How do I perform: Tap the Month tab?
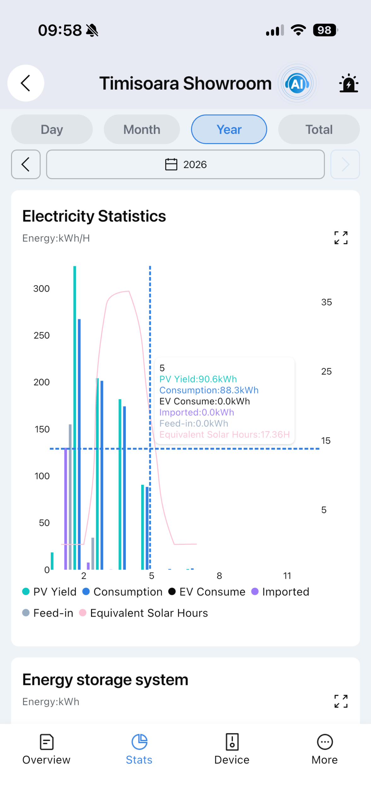pos(142,129)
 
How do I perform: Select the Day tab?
pos(52,129)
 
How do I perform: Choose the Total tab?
pos(319,129)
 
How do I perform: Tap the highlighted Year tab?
pos(229,129)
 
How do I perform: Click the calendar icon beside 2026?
pos(171,164)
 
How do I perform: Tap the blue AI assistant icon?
pos(297,83)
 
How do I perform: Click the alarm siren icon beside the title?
pos(349,83)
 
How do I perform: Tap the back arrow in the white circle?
pos(26,83)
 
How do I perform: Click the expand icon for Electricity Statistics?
pos(341,238)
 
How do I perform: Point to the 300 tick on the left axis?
pos(42,288)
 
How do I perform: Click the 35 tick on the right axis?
pos(326,302)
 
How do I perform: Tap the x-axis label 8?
pos(219,576)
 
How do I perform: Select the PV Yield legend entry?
pos(49,592)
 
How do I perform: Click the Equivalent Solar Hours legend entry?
pos(143,613)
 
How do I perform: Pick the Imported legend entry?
pos(280,592)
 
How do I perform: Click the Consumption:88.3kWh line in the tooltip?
pos(209,390)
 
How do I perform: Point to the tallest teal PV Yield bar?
pos(75,418)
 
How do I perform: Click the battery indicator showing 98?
pos(325,30)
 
